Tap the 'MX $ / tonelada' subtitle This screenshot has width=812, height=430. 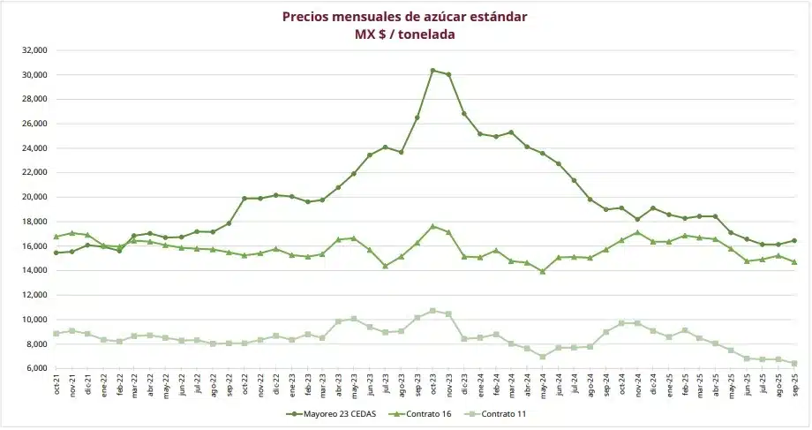click(x=405, y=34)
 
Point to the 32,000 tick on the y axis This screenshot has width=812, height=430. click(x=35, y=50)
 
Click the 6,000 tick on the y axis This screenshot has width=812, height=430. click(x=37, y=368)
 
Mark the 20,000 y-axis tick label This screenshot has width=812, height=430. click(x=35, y=197)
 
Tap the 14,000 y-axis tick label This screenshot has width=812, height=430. click(x=35, y=270)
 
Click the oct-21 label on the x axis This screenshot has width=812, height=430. click(x=56, y=386)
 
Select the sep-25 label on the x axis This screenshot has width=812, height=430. click(x=794, y=386)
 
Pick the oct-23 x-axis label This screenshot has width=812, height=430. click(x=433, y=386)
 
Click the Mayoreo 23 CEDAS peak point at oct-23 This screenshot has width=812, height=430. click(x=433, y=70)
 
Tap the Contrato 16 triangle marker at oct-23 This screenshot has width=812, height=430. click(x=433, y=226)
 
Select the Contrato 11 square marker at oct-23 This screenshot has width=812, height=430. click(x=433, y=311)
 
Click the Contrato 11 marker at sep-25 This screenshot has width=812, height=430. click(x=794, y=363)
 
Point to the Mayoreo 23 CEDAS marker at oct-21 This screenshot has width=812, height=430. click(x=56, y=253)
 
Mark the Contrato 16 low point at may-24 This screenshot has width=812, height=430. click(x=543, y=271)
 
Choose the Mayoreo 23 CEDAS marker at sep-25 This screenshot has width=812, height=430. click(x=794, y=240)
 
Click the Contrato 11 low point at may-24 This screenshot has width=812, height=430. click(x=543, y=356)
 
